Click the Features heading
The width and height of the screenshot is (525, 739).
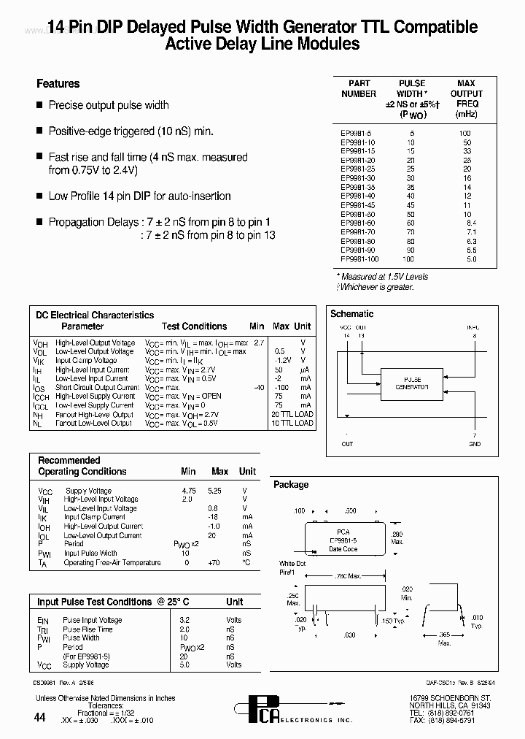click(58, 84)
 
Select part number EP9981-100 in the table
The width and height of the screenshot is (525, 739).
click(359, 259)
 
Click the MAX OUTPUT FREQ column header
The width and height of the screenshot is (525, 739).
click(466, 99)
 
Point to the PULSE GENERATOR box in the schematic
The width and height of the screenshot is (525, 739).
click(413, 383)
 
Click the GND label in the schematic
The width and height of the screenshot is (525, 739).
click(475, 444)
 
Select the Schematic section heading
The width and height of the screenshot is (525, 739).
click(352, 314)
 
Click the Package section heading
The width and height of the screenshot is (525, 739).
click(291, 485)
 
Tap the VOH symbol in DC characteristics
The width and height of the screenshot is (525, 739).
click(40, 343)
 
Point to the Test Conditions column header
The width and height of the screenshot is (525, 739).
click(194, 326)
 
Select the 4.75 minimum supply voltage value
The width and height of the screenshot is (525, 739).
click(190, 491)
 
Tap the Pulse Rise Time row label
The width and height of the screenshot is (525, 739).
click(87, 629)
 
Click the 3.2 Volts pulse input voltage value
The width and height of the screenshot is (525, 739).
click(185, 620)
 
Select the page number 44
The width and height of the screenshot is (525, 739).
click(40, 719)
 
